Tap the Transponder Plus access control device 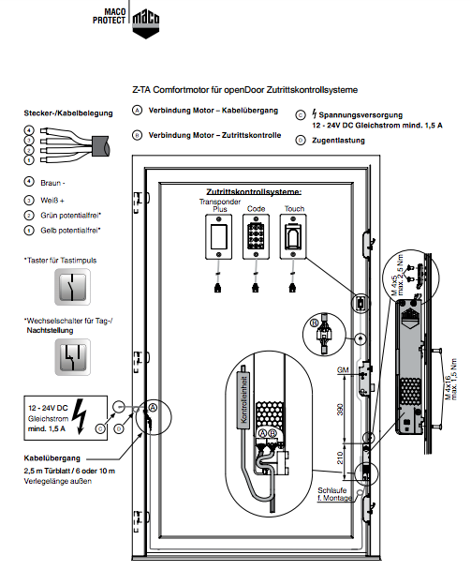(218, 237)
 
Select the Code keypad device (256, 237)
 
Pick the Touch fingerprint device (293, 237)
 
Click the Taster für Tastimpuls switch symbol (73, 287)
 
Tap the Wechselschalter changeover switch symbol (73, 357)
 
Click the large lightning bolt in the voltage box (80, 416)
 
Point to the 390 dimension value (340, 410)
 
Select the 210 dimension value (340, 457)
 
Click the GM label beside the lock (343, 370)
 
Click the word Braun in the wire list (51, 183)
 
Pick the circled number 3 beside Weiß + (29, 201)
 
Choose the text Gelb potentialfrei (69, 230)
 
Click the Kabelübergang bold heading (52, 458)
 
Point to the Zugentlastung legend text (338, 141)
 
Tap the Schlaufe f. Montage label (335, 494)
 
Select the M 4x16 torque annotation (451, 379)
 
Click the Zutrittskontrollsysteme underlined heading (254, 191)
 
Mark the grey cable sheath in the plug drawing (100, 146)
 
